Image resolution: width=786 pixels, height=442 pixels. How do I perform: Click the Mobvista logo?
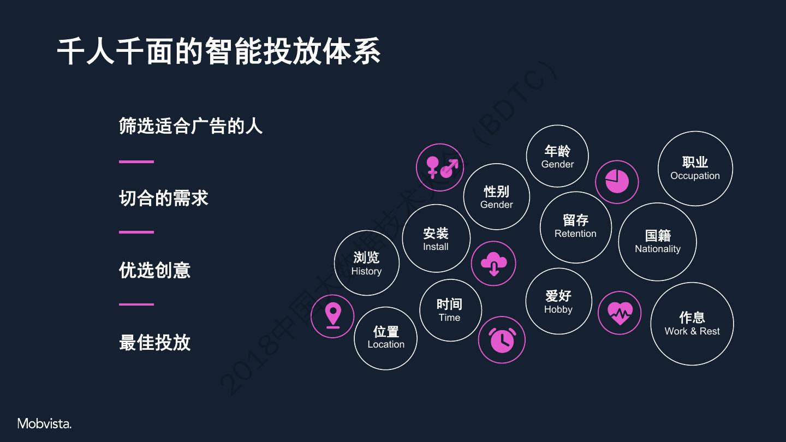tap(44, 423)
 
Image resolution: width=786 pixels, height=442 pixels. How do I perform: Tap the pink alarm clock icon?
tap(502, 340)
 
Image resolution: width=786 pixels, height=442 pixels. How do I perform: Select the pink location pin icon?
tap(332, 316)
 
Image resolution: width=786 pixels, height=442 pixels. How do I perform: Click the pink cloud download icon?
tap(493, 264)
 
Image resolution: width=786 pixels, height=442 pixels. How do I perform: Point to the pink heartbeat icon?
tap(620, 313)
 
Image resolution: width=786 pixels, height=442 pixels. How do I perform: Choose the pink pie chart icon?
tap(617, 182)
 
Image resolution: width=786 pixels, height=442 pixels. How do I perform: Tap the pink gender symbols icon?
tap(440, 168)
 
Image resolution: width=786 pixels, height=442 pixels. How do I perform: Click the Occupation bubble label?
tap(695, 176)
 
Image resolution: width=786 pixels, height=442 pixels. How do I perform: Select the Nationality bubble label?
tap(657, 249)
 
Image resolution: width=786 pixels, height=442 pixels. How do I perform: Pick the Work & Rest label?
tap(692, 331)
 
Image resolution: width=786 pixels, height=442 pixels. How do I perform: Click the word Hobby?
tap(558, 309)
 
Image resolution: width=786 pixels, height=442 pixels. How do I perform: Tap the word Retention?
tap(575, 234)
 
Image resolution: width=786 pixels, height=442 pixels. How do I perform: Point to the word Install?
tap(436, 247)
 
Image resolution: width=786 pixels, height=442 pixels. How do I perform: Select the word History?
tap(366, 271)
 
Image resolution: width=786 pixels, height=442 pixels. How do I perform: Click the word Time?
tap(449, 318)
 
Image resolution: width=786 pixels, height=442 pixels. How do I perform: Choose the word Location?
tap(386, 344)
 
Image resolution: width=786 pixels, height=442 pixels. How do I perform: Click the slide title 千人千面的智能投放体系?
tap(218, 52)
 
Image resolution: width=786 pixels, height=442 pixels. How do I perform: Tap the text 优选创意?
tap(154, 270)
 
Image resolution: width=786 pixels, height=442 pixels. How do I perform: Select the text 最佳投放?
tap(154, 343)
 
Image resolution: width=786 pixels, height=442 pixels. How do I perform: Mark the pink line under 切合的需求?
tap(136, 232)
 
